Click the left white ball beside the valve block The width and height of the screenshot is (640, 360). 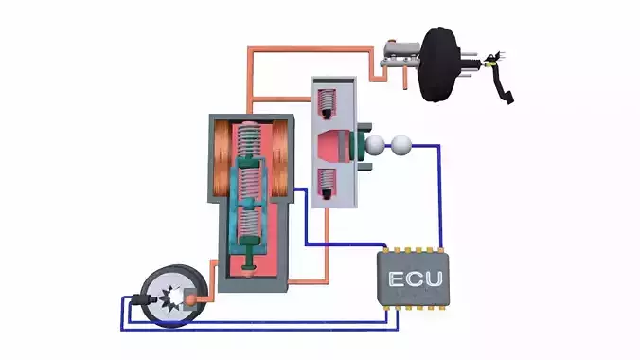point(376,145)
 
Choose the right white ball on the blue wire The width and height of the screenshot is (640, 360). point(403,145)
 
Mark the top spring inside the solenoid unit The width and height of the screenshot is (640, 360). point(250,141)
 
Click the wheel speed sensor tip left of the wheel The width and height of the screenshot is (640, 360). point(142,299)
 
